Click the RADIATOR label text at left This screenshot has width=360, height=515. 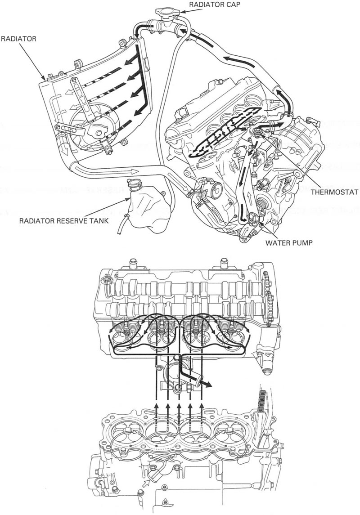coord(18,39)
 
